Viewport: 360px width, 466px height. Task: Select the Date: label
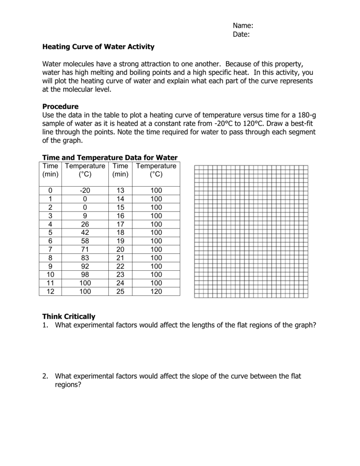click(x=241, y=35)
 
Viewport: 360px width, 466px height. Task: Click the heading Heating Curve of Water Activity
click(x=98, y=47)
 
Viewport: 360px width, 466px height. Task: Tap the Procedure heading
click(x=61, y=106)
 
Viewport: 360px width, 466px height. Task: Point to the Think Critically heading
click(x=69, y=316)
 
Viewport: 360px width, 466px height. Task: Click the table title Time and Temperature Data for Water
click(x=110, y=157)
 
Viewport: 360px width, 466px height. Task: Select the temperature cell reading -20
click(x=85, y=191)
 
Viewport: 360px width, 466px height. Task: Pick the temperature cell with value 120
click(x=156, y=292)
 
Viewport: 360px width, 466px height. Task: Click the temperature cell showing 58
click(x=85, y=241)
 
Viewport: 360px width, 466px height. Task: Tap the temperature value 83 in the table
click(x=85, y=258)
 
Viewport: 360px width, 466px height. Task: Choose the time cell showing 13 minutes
click(x=120, y=191)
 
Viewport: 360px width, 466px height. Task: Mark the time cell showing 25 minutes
click(x=120, y=292)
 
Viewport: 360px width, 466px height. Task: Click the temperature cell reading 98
click(x=85, y=275)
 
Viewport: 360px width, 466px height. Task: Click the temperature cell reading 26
click(x=85, y=224)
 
